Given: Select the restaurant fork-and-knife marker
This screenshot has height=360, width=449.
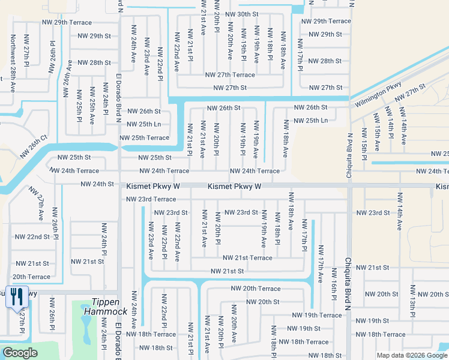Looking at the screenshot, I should [x=16, y=296].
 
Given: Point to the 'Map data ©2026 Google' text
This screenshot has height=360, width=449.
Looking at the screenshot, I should [x=411, y=355].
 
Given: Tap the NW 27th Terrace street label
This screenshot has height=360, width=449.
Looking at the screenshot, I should [x=230, y=75].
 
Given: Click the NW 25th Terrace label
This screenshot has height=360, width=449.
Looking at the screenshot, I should [x=145, y=138].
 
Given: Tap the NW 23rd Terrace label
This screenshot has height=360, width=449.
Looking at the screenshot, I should [x=151, y=199].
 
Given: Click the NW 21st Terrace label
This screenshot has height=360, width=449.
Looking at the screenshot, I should [x=247, y=258].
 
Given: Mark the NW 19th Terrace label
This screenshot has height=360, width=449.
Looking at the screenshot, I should [x=316, y=315].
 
